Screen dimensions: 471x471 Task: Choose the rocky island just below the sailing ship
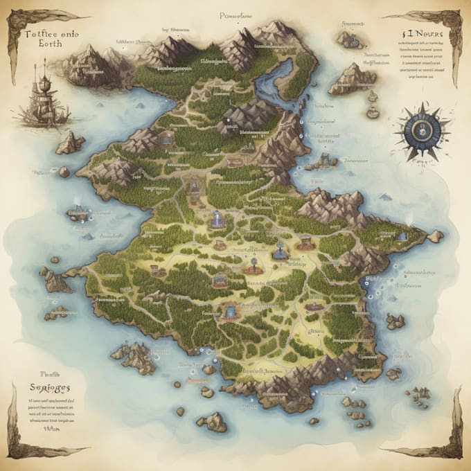point(70,143)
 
